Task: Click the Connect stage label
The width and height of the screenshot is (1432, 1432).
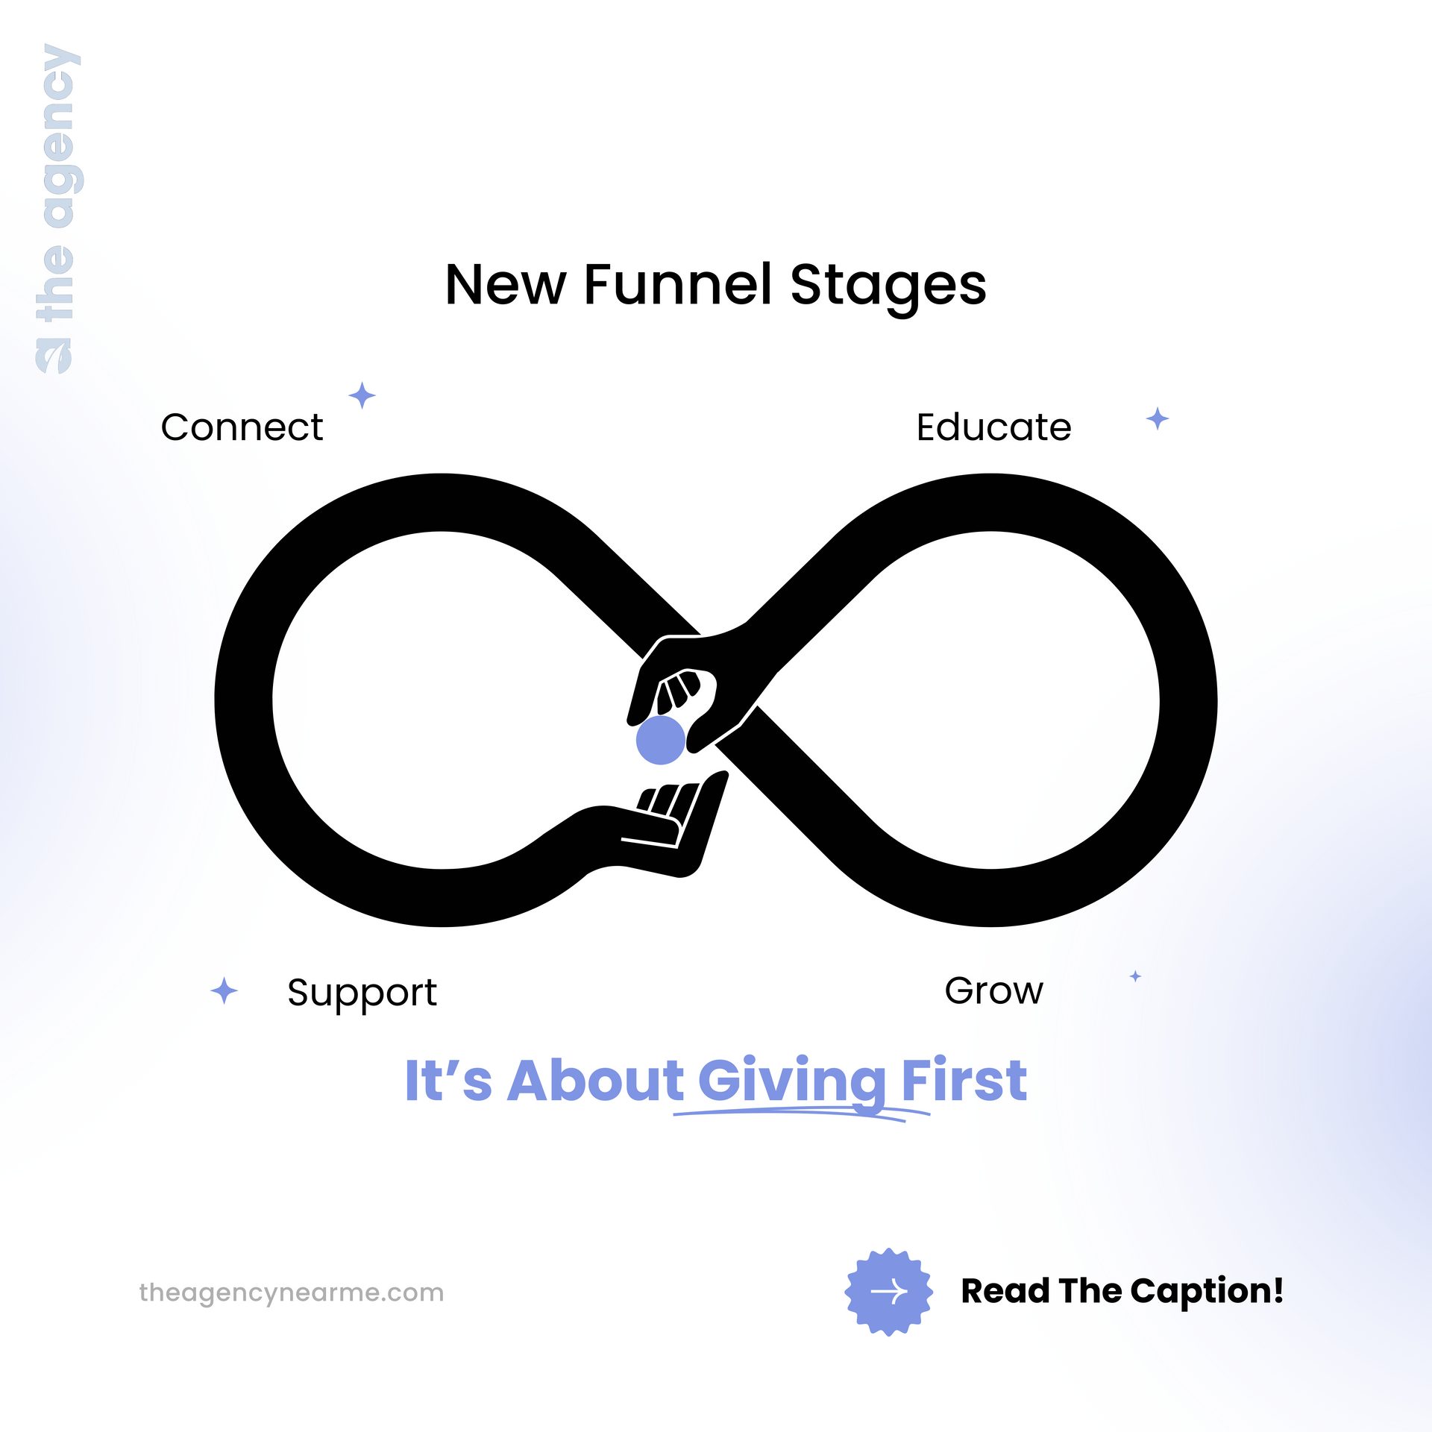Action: click(242, 427)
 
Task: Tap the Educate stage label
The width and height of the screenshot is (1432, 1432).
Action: click(993, 427)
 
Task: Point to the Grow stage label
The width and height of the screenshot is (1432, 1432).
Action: click(993, 990)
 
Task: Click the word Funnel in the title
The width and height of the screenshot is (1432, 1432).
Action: click(677, 284)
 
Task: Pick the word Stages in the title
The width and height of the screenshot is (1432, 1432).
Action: click(888, 288)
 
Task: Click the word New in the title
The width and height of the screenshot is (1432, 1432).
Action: click(506, 285)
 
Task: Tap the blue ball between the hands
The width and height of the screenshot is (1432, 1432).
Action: click(660, 740)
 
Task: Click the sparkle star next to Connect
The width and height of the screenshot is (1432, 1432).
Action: click(362, 395)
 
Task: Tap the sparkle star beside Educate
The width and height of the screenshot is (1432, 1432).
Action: click(1157, 418)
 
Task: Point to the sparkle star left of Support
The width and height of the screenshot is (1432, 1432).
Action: click(224, 990)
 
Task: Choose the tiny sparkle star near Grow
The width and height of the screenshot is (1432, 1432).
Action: click(1135, 976)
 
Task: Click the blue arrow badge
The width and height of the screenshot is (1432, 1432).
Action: click(888, 1292)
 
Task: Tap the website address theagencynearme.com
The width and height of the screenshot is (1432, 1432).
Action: click(292, 1293)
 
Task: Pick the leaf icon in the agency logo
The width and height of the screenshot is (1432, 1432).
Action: click(54, 356)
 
